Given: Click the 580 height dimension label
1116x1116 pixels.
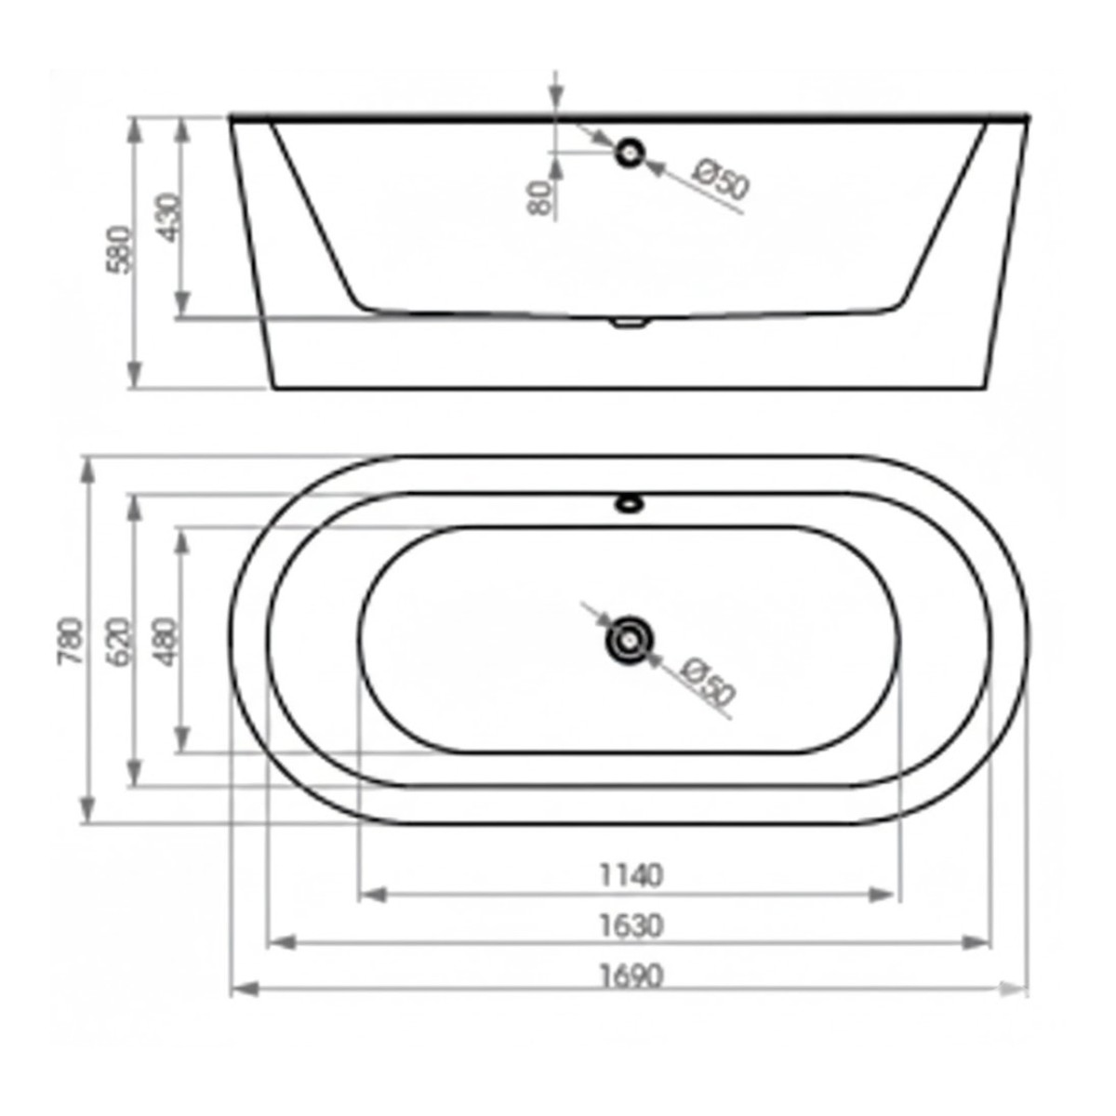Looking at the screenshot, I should pyautogui.click(x=121, y=248).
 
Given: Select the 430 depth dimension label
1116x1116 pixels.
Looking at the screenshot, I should pyautogui.click(x=169, y=217).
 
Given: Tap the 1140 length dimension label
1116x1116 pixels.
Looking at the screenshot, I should pyautogui.click(x=631, y=875).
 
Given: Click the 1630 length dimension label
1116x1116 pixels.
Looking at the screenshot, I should pyautogui.click(x=631, y=925).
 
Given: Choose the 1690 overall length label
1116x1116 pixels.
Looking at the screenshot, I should pyautogui.click(x=631, y=976).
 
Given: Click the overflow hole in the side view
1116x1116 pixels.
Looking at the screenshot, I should pyautogui.click(x=631, y=151).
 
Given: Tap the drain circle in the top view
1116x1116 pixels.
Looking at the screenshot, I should pyautogui.click(x=630, y=640).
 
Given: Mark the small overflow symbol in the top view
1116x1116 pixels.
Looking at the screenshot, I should pyautogui.click(x=630, y=505).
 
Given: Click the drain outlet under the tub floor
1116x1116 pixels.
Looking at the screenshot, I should pyautogui.click(x=630, y=323).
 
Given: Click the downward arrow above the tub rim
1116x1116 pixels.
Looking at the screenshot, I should pyautogui.click(x=555, y=93).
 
